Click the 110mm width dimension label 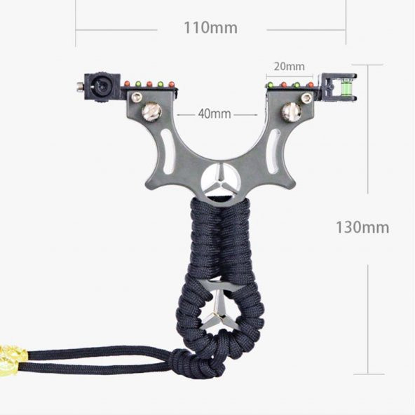tap(210, 28)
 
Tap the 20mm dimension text tap(289, 67)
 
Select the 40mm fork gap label tap(215, 114)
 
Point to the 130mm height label tap(362, 227)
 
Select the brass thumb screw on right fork tap(292, 111)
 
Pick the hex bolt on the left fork tap(136, 97)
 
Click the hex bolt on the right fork tap(306, 97)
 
